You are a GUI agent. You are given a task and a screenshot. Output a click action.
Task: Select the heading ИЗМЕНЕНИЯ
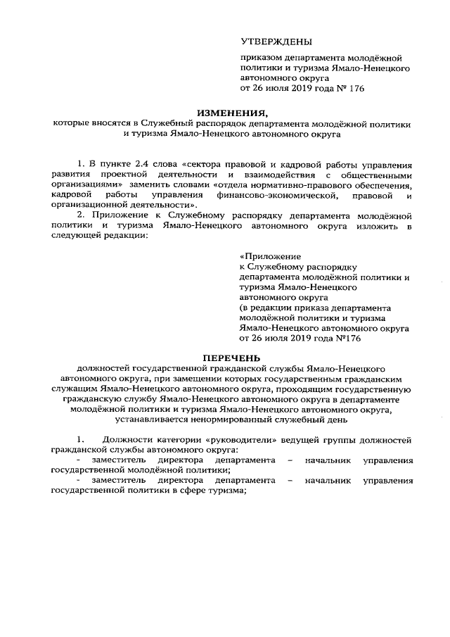(233, 112)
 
